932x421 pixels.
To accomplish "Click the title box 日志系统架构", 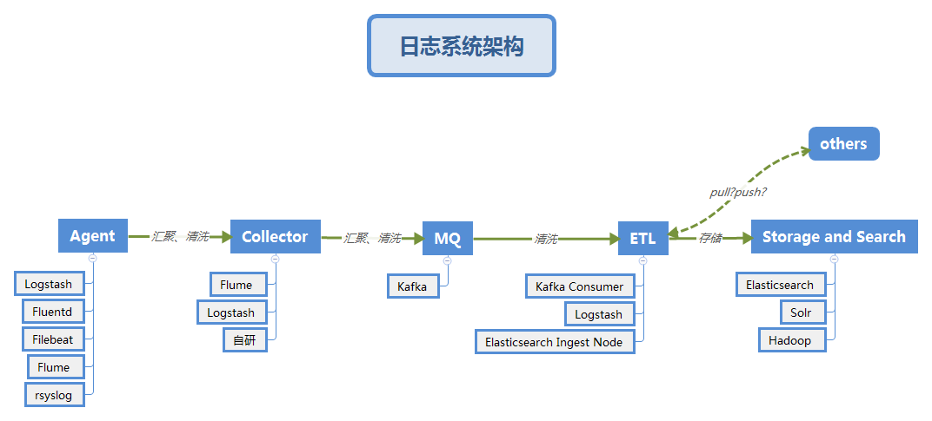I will [x=461, y=46].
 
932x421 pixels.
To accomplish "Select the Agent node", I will [x=93, y=236].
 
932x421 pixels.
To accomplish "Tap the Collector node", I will [x=275, y=236].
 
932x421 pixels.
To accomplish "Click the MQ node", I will [x=448, y=238].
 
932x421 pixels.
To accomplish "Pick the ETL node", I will [x=643, y=238].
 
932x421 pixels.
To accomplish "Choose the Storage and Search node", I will [x=834, y=236].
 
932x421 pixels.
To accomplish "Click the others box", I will [x=843, y=144].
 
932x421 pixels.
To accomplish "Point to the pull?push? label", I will [x=738, y=191].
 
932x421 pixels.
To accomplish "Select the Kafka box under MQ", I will [x=413, y=286].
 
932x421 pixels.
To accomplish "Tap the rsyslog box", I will [x=55, y=395].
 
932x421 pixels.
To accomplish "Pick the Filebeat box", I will [x=53, y=339].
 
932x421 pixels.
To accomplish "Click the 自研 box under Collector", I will [x=244, y=340].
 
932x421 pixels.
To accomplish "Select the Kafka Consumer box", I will [x=580, y=286].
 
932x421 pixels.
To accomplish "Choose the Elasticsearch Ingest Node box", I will [x=555, y=342].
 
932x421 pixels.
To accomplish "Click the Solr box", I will [x=801, y=312].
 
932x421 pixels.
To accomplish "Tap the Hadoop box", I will [x=790, y=340].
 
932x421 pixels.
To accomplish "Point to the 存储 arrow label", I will [x=710, y=238].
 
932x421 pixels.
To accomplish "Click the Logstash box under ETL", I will [x=598, y=314].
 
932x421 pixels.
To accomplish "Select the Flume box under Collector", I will [x=236, y=285].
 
